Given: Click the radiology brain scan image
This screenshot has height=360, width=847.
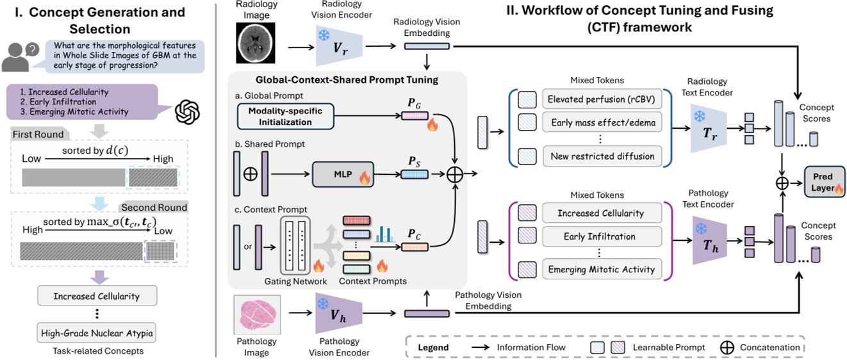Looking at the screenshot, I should click(x=254, y=40).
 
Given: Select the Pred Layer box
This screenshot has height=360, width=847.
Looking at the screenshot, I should click(x=823, y=182).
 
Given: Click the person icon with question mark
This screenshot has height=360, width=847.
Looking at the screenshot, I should click(x=21, y=56).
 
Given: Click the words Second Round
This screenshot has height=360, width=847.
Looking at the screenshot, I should click(x=154, y=208).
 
